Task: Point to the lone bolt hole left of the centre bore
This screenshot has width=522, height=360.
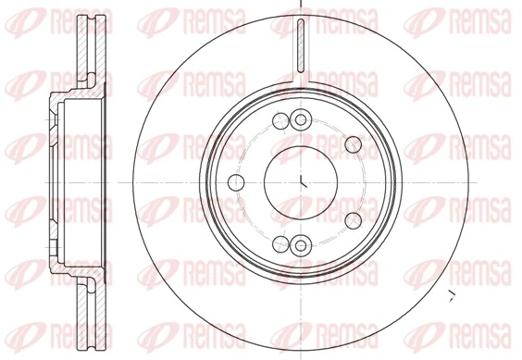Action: (236, 181)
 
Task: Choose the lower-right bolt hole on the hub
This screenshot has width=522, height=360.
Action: (353, 219)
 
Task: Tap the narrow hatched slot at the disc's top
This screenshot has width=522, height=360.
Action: (302, 46)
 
